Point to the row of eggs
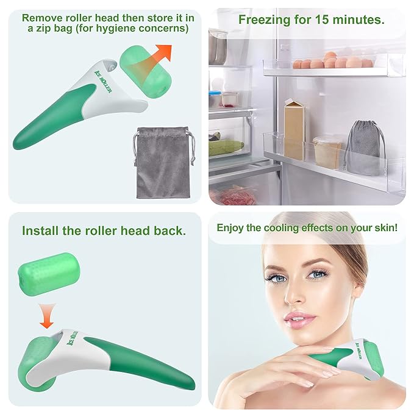tap(332, 62)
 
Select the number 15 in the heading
tap(323, 20)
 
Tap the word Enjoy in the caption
tap(232, 228)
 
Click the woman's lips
tap(300, 319)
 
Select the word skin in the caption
tap(385, 228)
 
